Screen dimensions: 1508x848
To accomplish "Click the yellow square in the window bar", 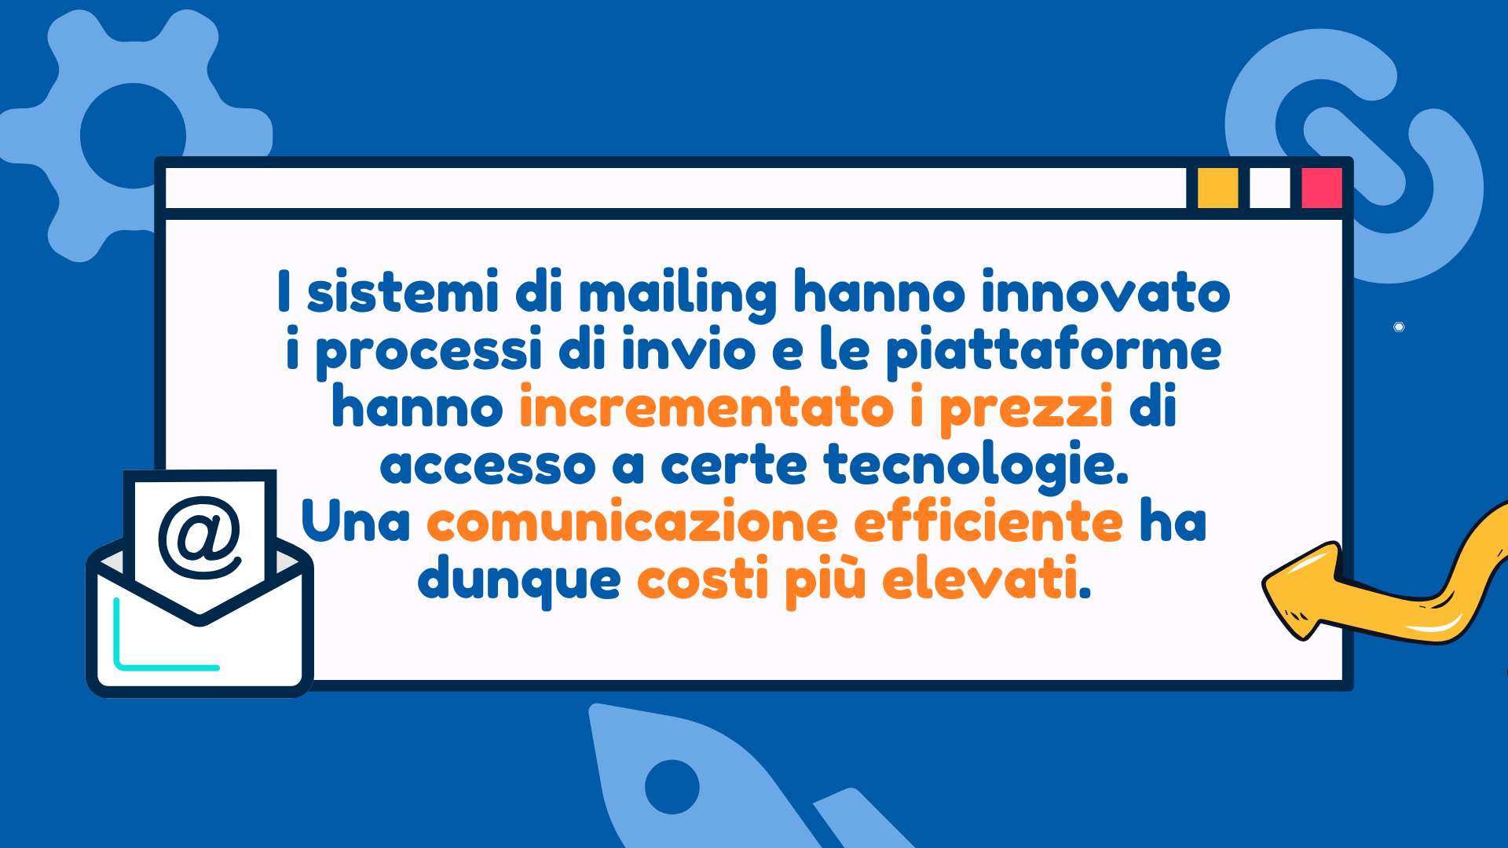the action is click(1217, 188).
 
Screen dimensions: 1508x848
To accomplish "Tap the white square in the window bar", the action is click(1269, 188).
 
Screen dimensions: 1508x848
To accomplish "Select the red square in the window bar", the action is click(1322, 188).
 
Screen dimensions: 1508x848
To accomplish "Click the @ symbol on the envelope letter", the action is click(200, 538).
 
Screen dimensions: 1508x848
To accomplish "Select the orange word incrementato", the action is click(706, 407).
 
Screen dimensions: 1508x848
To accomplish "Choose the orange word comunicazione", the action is click(632, 522).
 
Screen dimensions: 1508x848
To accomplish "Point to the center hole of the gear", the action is click(134, 136).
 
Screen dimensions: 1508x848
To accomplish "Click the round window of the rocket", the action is click(672, 787).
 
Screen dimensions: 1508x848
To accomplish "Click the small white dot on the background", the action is click(1399, 327).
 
